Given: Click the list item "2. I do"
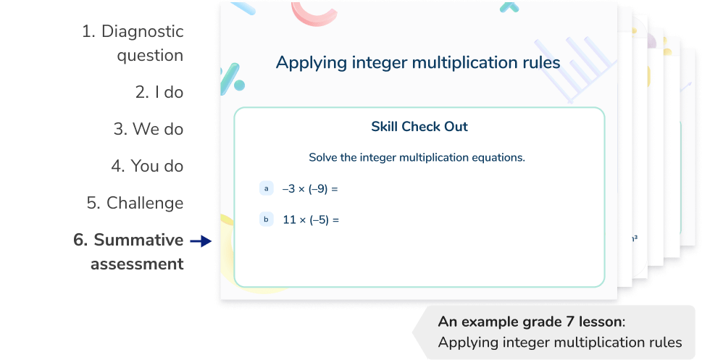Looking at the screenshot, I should pyautogui.click(x=159, y=92).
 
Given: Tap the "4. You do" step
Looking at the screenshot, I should pyautogui.click(x=147, y=166).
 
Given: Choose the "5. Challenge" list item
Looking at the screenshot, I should pyautogui.click(x=135, y=203).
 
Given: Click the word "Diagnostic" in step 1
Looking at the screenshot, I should pyautogui.click(x=142, y=32).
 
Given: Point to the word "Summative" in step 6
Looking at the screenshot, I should pyautogui.click(x=138, y=240).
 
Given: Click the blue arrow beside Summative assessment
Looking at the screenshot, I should pyautogui.click(x=200, y=240).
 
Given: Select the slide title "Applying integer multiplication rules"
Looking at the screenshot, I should pyautogui.click(x=418, y=63).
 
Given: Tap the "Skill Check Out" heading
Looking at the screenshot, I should pyautogui.click(x=419, y=127).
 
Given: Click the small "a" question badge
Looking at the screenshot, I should pyautogui.click(x=266, y=189).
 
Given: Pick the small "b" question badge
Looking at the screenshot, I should pyautogui.click(x=266, y=219).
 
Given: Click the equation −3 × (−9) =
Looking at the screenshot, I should pyautogui.click(x=310, y=189).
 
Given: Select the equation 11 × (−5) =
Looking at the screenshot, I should pyautogui.click(x=311, y=219).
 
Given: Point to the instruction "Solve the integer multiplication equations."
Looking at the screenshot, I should pyautogui.click(x=417, y=157).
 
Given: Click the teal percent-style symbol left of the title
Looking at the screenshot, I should pyautogui.click(x=231, y=76).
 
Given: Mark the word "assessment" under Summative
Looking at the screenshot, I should pyautogui.click(x=137, y=264).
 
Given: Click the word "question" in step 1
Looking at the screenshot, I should pyautogui.click(x=150, y=56).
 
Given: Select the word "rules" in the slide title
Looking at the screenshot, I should pyautogui.click(x=540, y=63).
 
